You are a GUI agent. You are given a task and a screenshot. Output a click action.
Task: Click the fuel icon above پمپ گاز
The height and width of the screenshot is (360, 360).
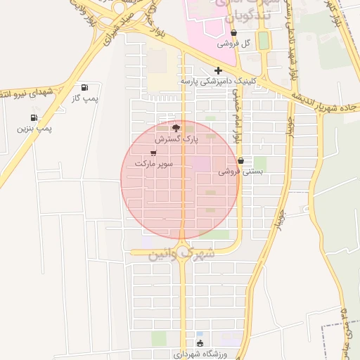pos(84,88)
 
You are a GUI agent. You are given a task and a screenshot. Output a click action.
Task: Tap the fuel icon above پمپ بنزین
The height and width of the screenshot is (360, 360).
pos(34,117)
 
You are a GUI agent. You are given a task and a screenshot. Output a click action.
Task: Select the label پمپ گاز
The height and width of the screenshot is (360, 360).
pos(84,99)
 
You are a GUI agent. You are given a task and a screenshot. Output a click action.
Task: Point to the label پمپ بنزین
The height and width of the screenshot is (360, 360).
pos(34,129)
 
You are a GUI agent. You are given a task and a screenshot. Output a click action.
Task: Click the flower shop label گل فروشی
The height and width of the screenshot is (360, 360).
pos(233,43)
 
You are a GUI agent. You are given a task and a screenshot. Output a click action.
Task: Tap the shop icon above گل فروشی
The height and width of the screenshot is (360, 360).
pos(233,32)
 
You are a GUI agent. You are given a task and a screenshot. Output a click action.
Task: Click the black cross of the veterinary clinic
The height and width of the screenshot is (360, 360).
pos(218,70)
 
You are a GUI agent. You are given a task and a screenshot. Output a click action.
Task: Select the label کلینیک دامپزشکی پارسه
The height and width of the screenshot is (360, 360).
pos(217,81)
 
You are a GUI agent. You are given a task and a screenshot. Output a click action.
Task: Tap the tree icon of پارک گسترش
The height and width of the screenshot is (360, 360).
pos(176,128)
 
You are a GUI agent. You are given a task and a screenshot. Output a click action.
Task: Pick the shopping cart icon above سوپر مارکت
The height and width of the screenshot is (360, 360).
pos(153,153)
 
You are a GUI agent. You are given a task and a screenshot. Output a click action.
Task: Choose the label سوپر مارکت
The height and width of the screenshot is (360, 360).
pos(155,163)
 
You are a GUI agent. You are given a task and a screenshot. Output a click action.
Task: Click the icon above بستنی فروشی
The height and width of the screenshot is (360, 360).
pos(240,160)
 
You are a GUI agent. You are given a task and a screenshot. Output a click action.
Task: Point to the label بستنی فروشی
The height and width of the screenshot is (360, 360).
pos(240,171)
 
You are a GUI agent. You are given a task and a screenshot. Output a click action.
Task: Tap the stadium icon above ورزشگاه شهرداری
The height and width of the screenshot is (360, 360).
pos(200,343)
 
